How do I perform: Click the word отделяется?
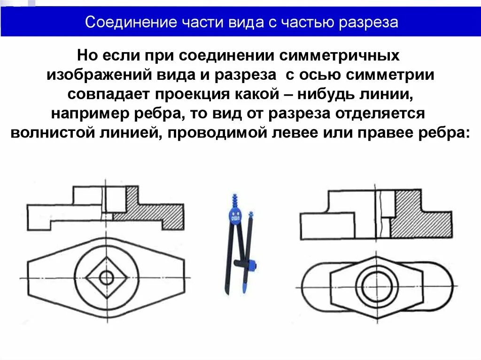(383, 114)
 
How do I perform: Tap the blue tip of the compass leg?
(245, 285)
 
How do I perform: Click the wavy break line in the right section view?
(381, 214)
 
